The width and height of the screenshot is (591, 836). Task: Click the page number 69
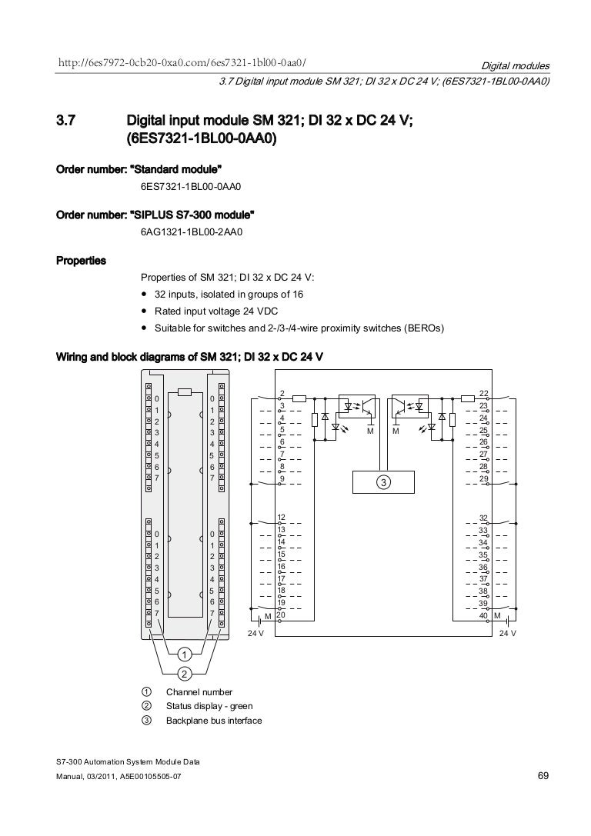click(542, 778)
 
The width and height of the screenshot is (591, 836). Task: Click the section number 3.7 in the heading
click(68, 122)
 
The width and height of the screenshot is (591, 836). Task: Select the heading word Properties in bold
click(81, 261)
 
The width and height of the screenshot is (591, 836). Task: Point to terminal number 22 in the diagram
click(483, 393)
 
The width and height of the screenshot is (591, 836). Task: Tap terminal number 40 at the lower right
click(483, 616)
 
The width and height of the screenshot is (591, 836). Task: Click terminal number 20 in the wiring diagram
click(282, 615)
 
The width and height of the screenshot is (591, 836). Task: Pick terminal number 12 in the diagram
click(282, 517)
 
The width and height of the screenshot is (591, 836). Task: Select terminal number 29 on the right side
click(483, 479)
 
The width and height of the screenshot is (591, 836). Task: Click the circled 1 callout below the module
click(185, 654)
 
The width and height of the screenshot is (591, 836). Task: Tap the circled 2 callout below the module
click(185, 674)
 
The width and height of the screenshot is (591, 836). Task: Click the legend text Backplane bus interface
click(214, 721)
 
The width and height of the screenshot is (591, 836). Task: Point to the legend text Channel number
click(199, 692)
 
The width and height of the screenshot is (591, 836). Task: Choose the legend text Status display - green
click(209, 706)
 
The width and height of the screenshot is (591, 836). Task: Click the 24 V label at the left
click(255, 633)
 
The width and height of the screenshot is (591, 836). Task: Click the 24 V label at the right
click(507, 633)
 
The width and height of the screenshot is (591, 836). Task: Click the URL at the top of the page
click(183, 62)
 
